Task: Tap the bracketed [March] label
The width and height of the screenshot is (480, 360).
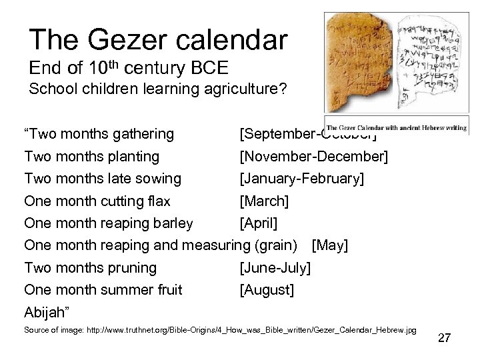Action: pyautogui.click(x=264, y=201)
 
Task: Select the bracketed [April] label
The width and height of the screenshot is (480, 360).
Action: pyautogui.click(x=260, y=223)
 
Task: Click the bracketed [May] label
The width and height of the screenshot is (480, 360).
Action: pyautogui.click(x=330, y=245)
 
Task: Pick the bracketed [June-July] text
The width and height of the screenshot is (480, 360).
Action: pyautogui.click(x=275, y=268)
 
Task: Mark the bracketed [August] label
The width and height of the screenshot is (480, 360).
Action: pyautogui.click(x=267, y=290)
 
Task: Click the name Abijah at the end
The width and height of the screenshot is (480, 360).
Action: pyautogui.click(x=47, y=312)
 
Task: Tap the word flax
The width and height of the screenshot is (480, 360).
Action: pyautogui.click(x=155, y=201)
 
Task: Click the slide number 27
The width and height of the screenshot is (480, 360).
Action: pyautogui.click(x=444, y=338)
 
